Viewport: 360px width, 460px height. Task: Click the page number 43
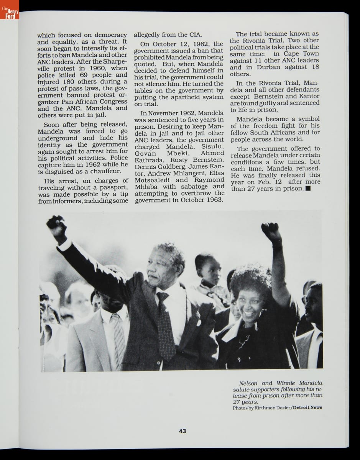coord(182,431)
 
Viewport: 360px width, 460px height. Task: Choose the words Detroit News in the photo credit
coord(307,407)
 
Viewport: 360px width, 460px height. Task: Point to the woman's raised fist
coord(271,230)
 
